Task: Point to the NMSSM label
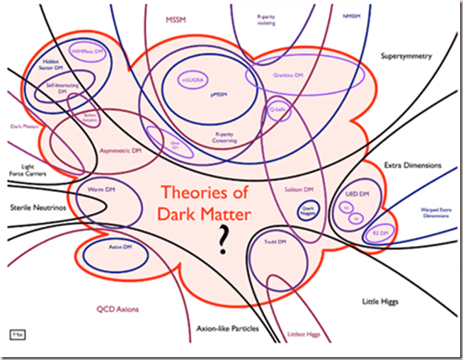(x=350, y=15)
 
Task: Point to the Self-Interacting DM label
(x=62, y=89)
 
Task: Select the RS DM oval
(x=380, y=232)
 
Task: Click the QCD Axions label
(x=118, y=310)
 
